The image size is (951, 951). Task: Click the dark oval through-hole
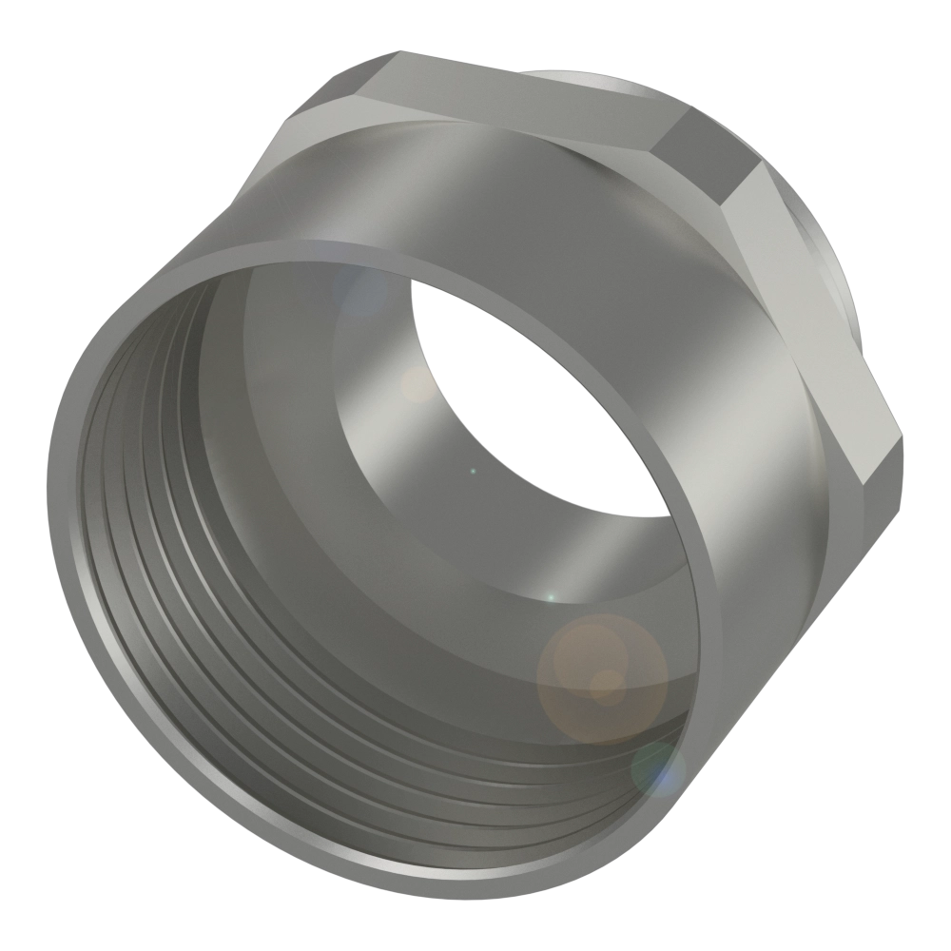click(x=533, y=399)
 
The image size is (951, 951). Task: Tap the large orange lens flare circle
click(x=601, y=677)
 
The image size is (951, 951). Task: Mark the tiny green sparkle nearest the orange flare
click(x=550, y=596)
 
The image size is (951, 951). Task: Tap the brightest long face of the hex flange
click(x=808, y=314)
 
